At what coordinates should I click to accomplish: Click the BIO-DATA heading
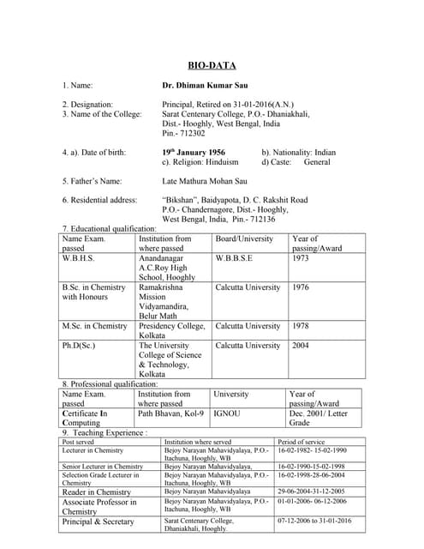[x=212, y=65]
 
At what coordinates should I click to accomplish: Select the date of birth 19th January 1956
[x=194, y=152]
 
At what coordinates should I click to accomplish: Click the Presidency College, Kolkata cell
[x=174, y=330]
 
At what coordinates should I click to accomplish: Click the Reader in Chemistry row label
[x=97, y=492]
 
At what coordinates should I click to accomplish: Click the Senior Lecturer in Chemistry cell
[x=102, y=467]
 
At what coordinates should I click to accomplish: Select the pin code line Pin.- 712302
[x=183, y=133]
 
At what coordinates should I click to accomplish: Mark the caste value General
[x=317, y=162]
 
